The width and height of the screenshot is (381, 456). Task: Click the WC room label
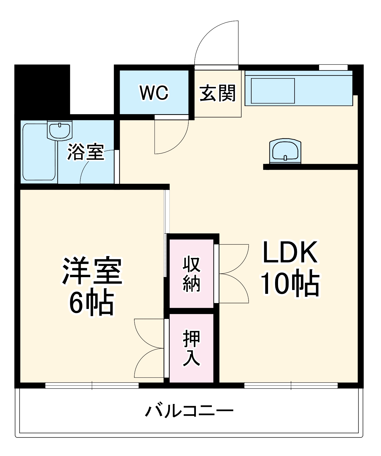[154, 93]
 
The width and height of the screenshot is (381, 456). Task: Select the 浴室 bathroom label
[86, 152]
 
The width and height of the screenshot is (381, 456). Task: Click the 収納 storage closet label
[192, 274]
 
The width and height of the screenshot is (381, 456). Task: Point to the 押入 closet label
[192, 348]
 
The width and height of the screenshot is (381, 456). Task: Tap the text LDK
[290, 252]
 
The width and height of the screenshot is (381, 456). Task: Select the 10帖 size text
[290, 283]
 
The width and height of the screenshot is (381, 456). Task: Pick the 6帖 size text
[92, 302]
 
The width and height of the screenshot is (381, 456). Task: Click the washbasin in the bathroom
[60, 130]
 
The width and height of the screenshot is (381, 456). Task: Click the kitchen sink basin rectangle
[273, 91]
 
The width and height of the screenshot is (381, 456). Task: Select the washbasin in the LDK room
[285, 151]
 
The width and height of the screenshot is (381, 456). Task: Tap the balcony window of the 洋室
[92, 386]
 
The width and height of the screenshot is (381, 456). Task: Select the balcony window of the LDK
[291, 386]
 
